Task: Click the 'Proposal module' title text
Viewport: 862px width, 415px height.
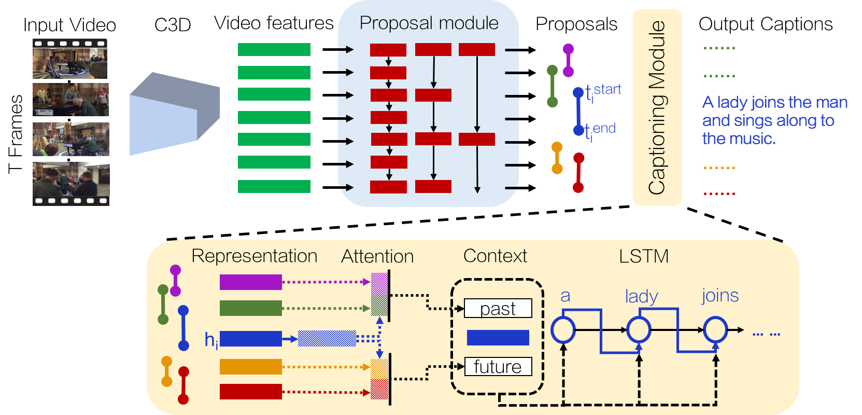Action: (429, 23)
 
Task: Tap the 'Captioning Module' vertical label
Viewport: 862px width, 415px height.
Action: (657, 107)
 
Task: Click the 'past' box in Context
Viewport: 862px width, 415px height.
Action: (498, 308)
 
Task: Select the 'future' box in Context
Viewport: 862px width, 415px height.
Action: (498, 367)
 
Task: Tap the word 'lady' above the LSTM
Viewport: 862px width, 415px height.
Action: (641, 296)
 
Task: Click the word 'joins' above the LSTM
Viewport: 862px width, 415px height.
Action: (720, 295)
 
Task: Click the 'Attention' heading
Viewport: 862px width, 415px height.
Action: (377, 256)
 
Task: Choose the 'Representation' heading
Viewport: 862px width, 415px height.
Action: (254, 256)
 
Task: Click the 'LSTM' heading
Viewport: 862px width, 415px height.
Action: (644, 256)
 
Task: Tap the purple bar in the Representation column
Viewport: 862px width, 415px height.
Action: (250, 282)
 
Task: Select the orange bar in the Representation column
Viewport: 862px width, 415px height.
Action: (250, 367)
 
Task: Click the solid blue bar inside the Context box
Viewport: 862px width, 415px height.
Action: (498, 338)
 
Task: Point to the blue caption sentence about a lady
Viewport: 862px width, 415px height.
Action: (774, 120)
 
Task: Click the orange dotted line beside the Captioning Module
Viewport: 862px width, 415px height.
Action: (719, 168)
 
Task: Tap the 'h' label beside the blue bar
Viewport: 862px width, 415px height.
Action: (210, 340)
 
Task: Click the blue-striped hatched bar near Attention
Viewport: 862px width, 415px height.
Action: (327, 339)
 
